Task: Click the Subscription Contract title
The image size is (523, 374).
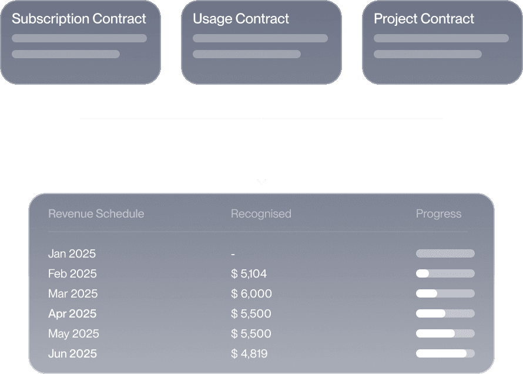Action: point(79,18)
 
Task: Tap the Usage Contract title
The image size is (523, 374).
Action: point(241,18)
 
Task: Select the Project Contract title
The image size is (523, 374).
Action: point(424,18)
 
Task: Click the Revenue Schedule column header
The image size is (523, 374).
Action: point(96,213)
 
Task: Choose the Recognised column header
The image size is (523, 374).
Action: point(261,213)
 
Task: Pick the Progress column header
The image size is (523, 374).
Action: point(438,213)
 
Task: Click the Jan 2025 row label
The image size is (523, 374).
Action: point(72,253)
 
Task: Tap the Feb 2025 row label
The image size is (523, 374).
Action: point(72,273)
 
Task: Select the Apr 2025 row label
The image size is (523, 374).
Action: point(72,313)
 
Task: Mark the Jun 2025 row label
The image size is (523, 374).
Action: point(72,353)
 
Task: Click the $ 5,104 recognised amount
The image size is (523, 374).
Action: point(249,273)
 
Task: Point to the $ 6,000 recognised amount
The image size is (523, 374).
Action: point(252,293)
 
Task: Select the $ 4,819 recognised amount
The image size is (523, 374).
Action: point(250,353)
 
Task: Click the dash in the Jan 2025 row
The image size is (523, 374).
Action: point(233,254)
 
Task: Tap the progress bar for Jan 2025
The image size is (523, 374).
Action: point(445,253)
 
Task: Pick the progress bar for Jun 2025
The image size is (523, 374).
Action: point(445,353)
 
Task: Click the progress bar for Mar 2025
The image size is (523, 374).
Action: point(445,293)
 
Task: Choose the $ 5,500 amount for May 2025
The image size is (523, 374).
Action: point(251,333)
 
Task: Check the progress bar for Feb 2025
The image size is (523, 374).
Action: point(445,273)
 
